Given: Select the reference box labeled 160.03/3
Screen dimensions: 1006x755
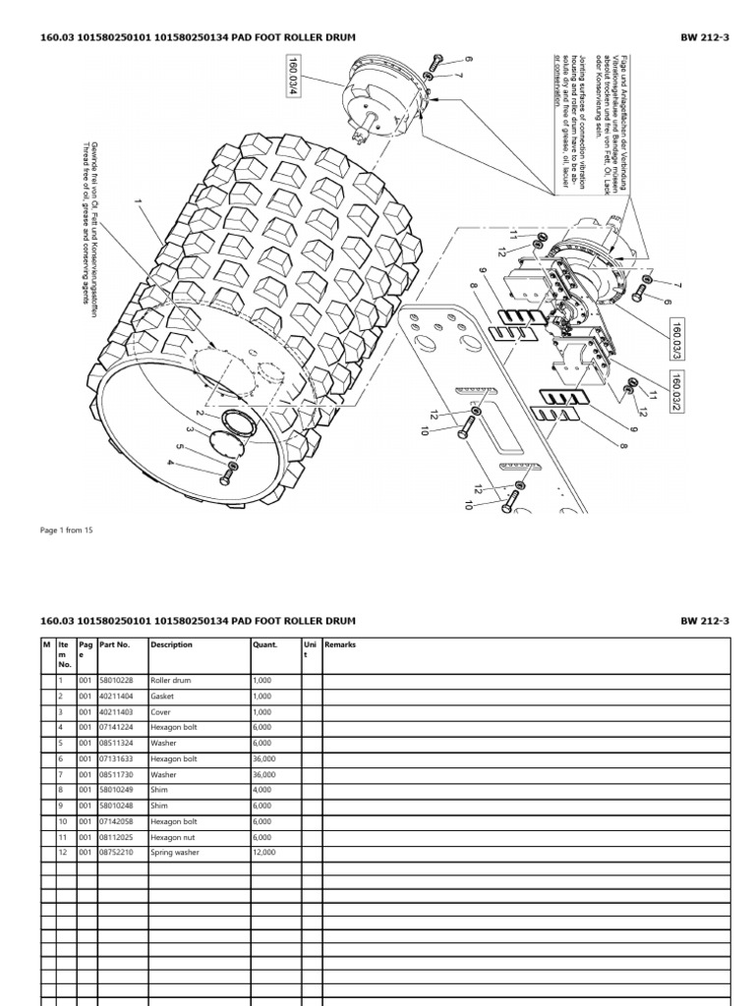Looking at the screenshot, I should pos(678,339).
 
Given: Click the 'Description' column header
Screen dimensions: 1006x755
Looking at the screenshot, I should pos(172,645).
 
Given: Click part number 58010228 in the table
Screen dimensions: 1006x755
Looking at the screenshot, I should pos(116,680).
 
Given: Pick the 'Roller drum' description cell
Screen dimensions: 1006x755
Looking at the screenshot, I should pos(171,680).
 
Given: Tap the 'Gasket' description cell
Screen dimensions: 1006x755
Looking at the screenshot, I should pos(163,696).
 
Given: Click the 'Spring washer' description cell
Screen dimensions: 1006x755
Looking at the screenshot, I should pos(176,853).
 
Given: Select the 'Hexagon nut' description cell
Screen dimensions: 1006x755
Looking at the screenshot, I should pos(174,837).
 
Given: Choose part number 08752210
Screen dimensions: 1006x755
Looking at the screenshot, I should pos(116,853).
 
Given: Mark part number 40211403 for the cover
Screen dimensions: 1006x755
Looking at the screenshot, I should pos(116,711).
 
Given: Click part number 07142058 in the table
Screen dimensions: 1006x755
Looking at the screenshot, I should pos(116,821).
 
